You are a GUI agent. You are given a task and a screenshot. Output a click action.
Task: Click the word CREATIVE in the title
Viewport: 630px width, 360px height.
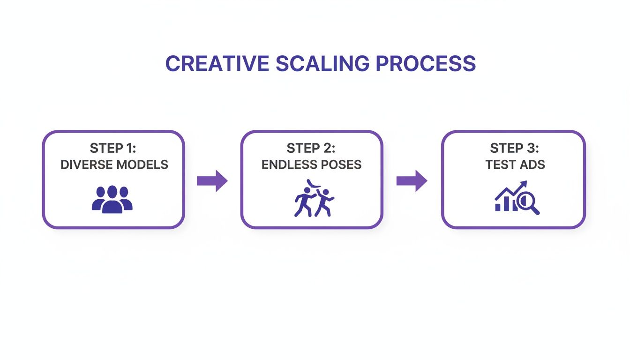coord(217,64)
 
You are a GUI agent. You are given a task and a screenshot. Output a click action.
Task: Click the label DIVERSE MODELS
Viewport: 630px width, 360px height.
coord(114,165)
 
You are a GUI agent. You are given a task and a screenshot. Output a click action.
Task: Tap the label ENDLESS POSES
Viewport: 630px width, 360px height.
coord(311,165)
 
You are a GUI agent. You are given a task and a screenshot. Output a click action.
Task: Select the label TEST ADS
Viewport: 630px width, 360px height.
coord(514,165)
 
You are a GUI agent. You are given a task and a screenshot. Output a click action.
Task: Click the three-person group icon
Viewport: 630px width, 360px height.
coord(112,200)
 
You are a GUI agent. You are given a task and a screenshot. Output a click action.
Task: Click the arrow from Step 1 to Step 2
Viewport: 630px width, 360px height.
coord(212,181)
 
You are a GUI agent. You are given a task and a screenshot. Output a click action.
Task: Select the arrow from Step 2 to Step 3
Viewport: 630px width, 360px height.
coord(412,181)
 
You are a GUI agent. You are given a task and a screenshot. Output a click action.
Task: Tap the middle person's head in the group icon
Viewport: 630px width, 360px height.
coord(112,192)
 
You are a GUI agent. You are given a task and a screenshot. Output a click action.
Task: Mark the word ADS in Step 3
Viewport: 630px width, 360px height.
coord(534,165)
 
